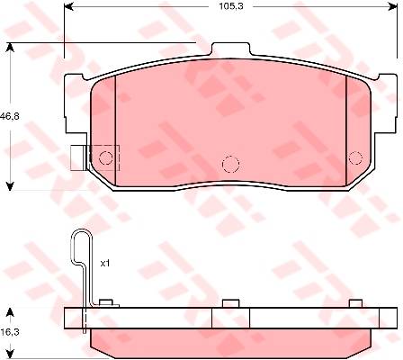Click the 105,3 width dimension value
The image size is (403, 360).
(231, 6)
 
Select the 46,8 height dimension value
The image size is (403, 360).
(9, 116)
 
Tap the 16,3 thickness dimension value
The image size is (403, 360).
(10, 332)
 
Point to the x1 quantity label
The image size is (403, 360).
(105, 264)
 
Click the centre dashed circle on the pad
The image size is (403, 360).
(230, 165)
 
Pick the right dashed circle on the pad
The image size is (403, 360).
(355, 157)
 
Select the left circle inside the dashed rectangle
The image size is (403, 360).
(106, 157)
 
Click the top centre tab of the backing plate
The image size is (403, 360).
(230, 49)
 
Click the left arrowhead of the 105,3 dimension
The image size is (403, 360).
(69, 6)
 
